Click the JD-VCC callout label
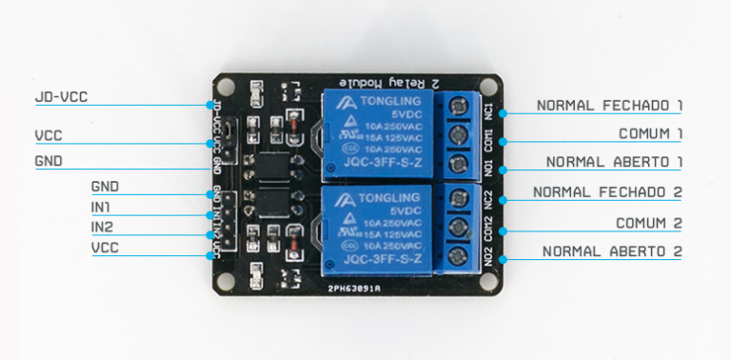(61, 97)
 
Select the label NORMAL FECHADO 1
(609, 105)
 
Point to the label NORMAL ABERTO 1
(613, 162)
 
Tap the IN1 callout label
(102, 207)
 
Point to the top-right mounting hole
(493, 89)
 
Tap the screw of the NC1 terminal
(460, 104)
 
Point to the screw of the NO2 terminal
(461, 255)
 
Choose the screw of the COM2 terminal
(461, 227)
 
